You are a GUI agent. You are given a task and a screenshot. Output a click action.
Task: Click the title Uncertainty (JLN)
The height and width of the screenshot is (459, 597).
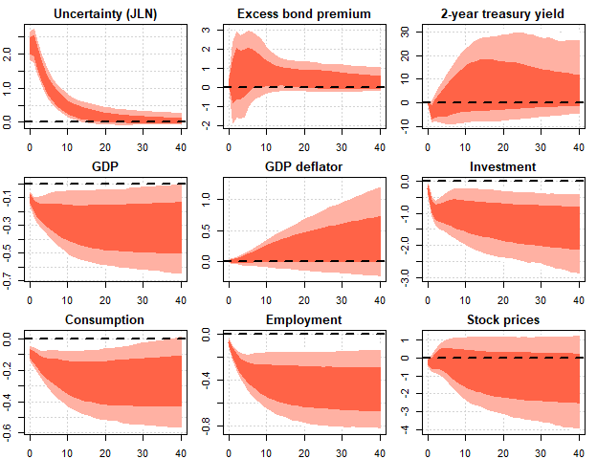[106, 14]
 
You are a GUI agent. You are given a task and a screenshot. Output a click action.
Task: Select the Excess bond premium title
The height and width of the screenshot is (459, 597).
[304, 14]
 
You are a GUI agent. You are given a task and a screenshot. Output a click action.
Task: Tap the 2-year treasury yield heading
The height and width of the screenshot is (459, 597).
[502, 14]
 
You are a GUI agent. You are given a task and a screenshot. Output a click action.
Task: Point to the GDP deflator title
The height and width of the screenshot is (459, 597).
[304, 167]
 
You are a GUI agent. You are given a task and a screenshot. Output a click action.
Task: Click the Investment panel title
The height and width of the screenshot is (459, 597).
[502, 167]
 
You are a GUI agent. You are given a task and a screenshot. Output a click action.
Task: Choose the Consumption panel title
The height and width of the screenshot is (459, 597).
[106, 319]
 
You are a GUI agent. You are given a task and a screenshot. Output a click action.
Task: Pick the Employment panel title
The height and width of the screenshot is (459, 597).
[304, 319]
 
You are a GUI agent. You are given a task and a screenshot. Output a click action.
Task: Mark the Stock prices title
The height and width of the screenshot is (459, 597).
[502, 319]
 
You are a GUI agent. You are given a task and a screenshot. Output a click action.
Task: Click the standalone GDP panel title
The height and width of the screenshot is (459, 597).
[106, 167]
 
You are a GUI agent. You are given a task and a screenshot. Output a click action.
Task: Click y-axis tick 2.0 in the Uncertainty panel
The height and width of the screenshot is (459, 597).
[10, 54]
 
